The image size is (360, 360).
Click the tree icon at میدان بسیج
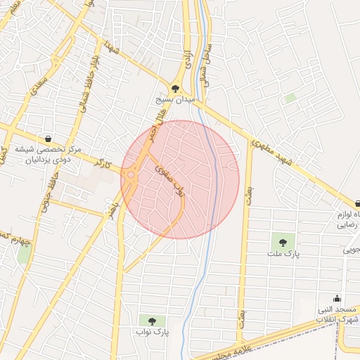tap(175, 89)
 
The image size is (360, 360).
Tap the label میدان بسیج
tap(175, 101)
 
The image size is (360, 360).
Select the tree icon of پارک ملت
tap(283, 242)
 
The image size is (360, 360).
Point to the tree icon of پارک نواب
tap(152, 321)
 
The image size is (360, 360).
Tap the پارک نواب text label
tap(152, 331)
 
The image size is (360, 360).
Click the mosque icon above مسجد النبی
tap(337, 297)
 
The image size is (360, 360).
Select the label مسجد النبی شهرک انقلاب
tap(337, 314)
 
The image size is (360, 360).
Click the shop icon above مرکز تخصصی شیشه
tap(48, 138)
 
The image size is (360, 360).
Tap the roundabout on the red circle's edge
tap(130, 175)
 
